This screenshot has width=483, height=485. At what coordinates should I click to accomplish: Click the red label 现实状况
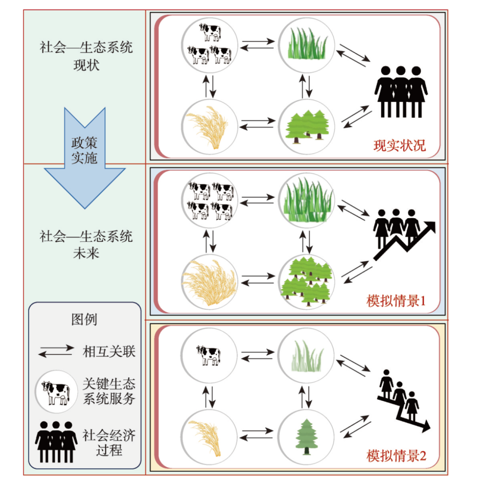pos(399,145)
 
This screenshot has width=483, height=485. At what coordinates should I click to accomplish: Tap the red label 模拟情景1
pos(396,301)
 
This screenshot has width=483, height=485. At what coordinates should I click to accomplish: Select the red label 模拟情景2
pos(396,456)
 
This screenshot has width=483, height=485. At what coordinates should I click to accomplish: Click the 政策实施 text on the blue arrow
pos(84,151)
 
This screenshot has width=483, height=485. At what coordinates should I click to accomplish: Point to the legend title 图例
pos(84,319)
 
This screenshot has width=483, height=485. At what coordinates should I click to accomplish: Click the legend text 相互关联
pos(109,352)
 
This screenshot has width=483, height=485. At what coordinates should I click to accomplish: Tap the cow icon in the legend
pos(56,392)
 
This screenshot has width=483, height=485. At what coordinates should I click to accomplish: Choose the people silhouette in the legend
pos(56,442)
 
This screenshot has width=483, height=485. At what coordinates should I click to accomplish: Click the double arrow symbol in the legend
pos(56,352)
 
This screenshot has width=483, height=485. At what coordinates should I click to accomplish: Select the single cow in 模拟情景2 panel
pos(208,355)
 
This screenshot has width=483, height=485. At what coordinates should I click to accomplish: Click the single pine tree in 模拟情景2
pos(307,437)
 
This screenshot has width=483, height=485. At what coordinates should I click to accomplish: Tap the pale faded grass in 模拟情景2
pos(307,356)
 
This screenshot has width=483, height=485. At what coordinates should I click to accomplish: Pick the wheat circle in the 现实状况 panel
pos(210,126)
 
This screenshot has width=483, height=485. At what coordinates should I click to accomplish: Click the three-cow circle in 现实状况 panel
pos(210,46)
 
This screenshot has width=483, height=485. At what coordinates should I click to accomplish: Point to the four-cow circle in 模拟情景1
pos(210,201)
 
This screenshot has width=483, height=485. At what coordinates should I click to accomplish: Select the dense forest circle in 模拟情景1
pos(306,281)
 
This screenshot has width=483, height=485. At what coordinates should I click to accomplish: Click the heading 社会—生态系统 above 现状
pos(86,47)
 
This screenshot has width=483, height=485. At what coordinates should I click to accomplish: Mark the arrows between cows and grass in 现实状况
pos(257,44)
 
